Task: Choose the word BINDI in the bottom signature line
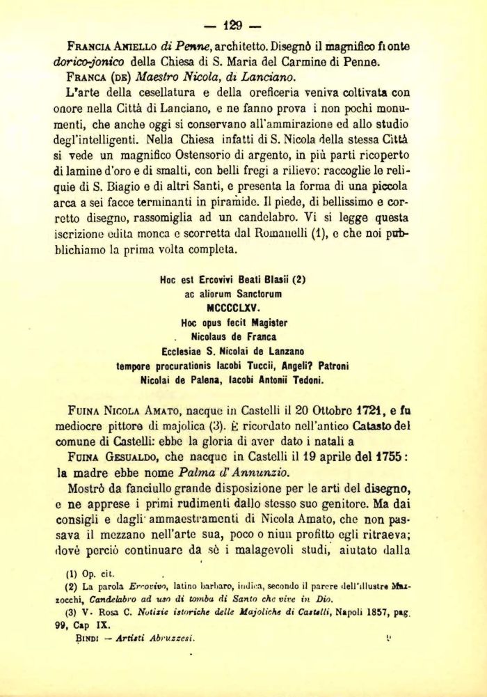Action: pyautogui.click(x=90, y=637)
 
